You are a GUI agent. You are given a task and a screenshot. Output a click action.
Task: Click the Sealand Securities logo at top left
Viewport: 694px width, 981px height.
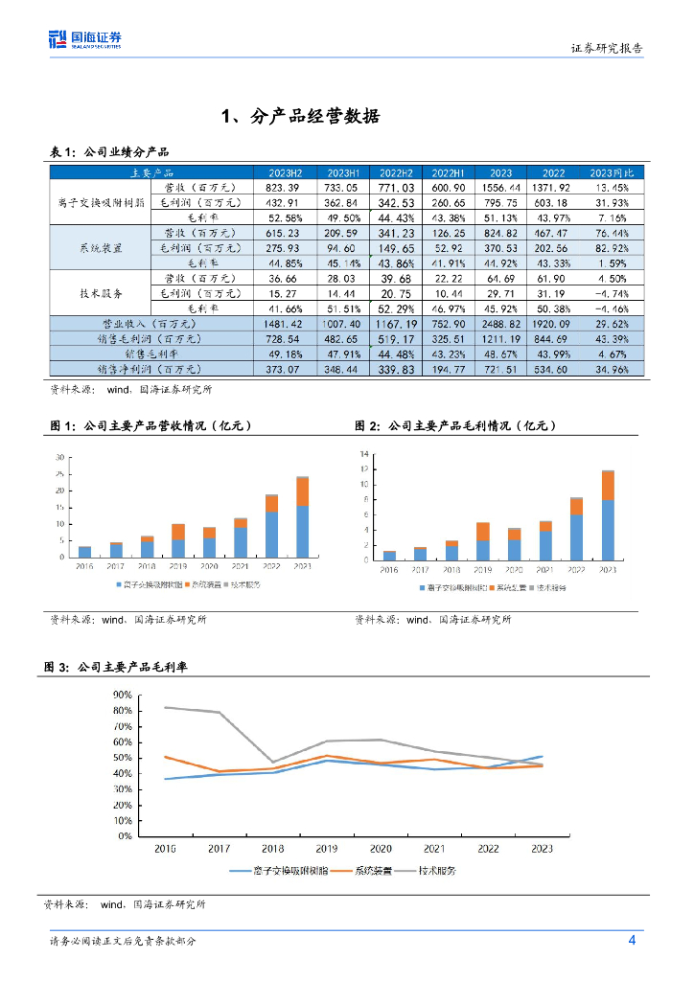point(85,39)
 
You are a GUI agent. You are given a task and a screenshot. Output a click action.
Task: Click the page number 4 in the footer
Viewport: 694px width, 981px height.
point(632,940)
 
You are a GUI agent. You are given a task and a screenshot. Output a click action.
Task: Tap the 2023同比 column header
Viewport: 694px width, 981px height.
point(610,172)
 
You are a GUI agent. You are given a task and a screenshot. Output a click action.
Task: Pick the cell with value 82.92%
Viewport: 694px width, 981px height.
point(610,247)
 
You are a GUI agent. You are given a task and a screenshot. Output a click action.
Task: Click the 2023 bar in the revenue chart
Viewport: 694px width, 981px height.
point(302,517)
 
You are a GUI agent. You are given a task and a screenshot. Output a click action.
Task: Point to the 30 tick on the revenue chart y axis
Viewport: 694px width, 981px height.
point(61,457)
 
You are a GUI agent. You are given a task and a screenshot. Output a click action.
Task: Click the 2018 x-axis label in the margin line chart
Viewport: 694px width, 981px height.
point(273,849)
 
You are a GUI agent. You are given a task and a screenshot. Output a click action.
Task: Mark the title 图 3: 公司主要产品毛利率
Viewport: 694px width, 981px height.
point(122,666)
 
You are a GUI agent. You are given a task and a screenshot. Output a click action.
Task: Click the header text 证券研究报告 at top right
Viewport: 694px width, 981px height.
point(607,48)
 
